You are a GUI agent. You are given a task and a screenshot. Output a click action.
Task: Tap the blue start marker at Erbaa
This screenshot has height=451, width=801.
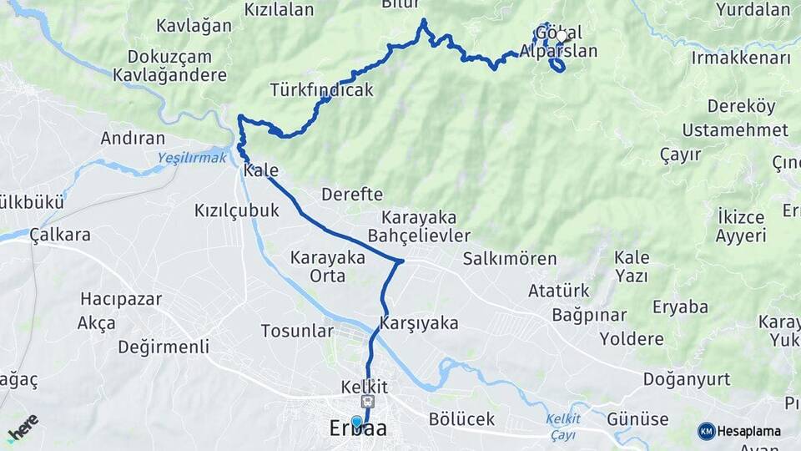357,423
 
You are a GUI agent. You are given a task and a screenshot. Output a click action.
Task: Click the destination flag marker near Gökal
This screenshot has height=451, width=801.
565,36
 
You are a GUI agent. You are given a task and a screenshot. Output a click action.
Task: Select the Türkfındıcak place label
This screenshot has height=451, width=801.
321,89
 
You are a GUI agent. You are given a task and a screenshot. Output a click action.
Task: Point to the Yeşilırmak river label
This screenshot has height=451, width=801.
191,156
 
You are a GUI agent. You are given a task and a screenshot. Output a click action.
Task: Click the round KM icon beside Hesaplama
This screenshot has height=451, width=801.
706,431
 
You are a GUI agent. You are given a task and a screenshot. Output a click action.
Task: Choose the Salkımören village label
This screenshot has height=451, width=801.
510,258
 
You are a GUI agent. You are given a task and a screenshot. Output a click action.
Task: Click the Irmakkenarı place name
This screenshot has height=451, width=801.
741,58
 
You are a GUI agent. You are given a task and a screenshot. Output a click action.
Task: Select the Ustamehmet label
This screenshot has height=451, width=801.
735,129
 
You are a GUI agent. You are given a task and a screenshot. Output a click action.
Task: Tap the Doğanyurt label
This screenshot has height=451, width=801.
686,379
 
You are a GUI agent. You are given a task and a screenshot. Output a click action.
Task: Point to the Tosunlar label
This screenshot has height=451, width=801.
297,331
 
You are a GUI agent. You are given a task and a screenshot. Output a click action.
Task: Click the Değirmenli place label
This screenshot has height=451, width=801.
164,347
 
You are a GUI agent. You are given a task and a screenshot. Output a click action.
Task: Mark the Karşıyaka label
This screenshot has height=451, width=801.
419,322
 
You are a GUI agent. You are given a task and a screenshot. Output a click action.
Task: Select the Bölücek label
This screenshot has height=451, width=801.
461,418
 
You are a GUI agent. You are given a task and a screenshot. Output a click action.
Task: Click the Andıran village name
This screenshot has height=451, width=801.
133,138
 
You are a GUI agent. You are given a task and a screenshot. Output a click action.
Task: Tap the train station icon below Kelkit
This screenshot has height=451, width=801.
365,403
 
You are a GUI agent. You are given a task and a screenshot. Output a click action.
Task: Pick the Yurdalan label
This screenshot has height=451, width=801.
753,10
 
